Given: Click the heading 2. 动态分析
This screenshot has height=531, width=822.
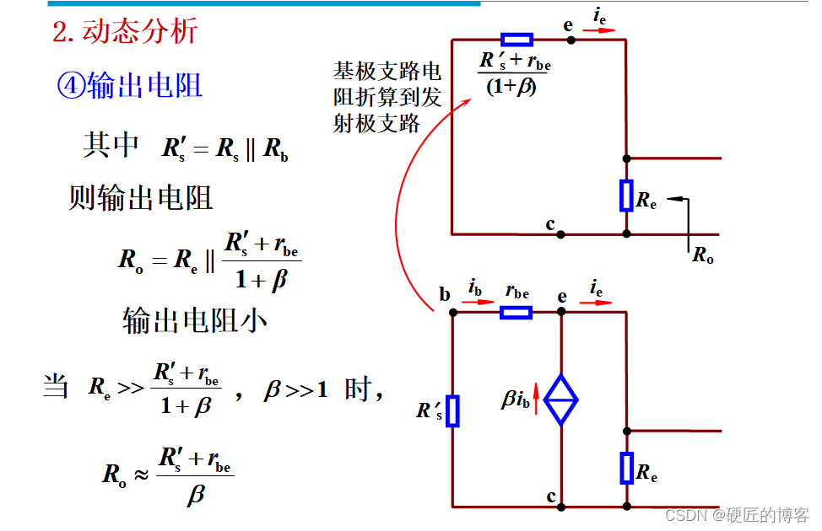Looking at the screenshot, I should tap(125, 31).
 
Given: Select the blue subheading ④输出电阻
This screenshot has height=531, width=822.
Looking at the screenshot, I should tap(129, 85).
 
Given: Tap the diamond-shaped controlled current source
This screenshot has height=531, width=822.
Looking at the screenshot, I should tap(560, 400).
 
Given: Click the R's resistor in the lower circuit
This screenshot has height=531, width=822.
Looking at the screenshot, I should tap(452, 410).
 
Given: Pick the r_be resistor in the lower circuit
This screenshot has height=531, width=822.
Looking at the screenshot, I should tap(516, 313).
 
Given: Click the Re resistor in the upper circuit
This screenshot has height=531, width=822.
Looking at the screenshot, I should tap(626, 195).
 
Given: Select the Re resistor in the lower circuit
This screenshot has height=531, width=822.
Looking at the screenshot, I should tap(626, 468).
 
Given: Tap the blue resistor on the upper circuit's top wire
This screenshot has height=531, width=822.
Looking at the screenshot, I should tap(516, 40).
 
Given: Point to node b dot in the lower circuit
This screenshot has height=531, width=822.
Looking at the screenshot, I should tap(452, 313).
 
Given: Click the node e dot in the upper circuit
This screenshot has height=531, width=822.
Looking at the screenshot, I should tap(571, 40).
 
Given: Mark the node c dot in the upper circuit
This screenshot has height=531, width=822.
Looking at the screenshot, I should tap(560, 233).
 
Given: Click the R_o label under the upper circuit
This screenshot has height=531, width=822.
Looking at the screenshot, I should tap(703, 254).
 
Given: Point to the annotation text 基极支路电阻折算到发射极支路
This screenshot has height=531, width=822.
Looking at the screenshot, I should tap(387, 97).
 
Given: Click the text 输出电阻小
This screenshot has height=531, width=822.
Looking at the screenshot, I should tap(195, 320).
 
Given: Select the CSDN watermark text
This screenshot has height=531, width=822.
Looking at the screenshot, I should tap(736, 514).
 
